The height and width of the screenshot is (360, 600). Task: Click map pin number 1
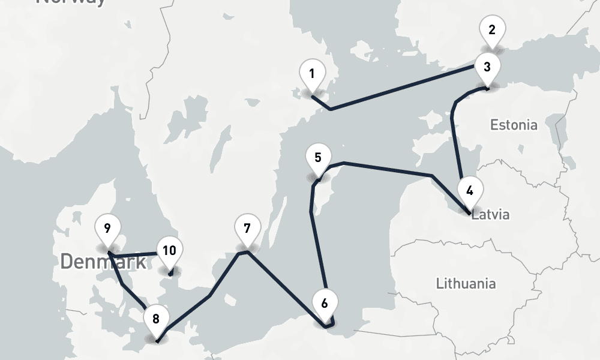click(312, 75)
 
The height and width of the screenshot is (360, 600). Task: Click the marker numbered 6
click(325, 304)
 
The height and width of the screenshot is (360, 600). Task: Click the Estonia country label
click(514, 125)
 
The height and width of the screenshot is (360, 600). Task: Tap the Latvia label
click(491, 215)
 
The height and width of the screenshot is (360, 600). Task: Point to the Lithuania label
click(466, 283)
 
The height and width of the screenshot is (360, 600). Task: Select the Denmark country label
click(103, 262)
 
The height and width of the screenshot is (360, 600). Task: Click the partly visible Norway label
click(71, 2)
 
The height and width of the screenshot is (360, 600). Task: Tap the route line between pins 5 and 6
click(317, 252)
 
